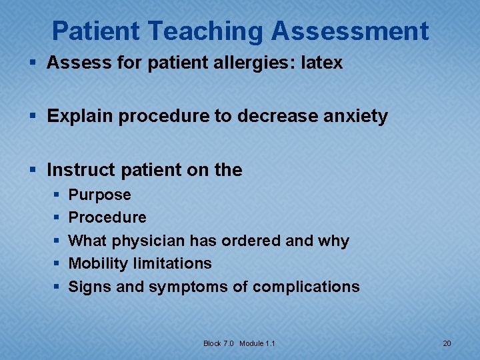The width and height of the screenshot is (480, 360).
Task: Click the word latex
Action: (322, 63)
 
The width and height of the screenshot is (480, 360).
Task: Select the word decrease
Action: (276, 116)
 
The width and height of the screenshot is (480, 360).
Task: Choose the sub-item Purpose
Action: (100, 195)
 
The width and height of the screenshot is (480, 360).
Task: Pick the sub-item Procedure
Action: (107, 217)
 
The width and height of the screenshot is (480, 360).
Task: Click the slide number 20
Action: (447, 343)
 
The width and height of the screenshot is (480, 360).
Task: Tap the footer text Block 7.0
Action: (219, 343)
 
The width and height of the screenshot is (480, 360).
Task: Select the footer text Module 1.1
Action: (257, 343)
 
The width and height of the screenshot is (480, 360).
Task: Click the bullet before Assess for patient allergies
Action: (35, 64)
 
